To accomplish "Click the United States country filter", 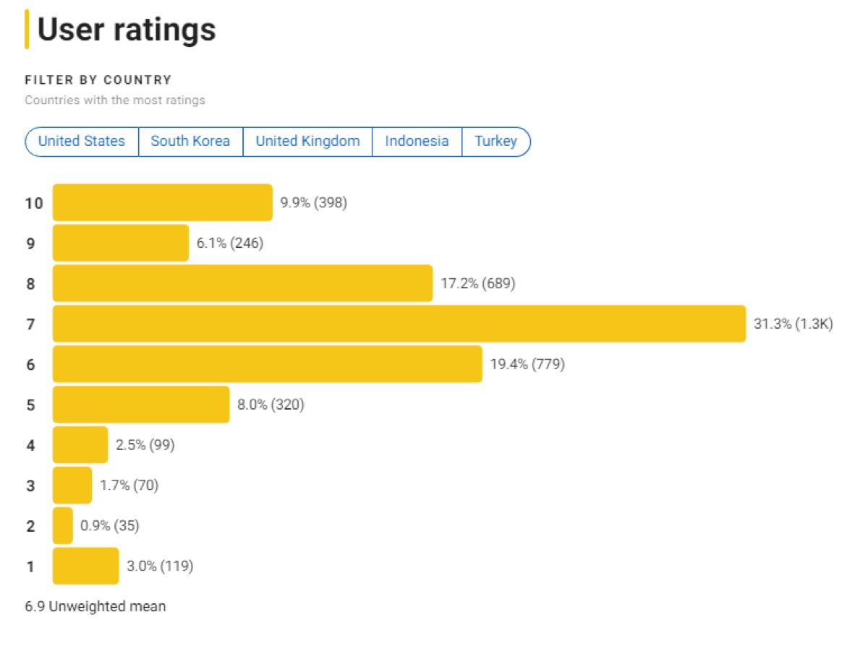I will pos(82,141).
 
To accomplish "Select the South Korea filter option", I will pos(190,141).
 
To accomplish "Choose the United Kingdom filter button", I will pos(307,141).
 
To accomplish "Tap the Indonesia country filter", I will pos(417,141).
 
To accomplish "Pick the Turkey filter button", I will pos(495,141).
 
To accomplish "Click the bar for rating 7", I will pos(399,324).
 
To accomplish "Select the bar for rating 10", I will pos(162,203).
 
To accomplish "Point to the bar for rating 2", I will pos(63,525).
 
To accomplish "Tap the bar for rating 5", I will pos(141,405).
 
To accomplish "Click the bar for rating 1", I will pos(85,566).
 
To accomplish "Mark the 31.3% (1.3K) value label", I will pos(793,324).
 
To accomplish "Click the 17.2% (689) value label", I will pos(478,284).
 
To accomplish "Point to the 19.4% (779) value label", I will pos(527,364).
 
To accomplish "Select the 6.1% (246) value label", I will pos(230,243).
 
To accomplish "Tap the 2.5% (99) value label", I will pos(145,445).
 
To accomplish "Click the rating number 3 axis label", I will pos(30,486).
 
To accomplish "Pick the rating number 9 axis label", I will pos(30,243).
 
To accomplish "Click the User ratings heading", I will pos(127,30).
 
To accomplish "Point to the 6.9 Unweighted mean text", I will pos(95,606).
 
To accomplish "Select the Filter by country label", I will pos(98,80).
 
